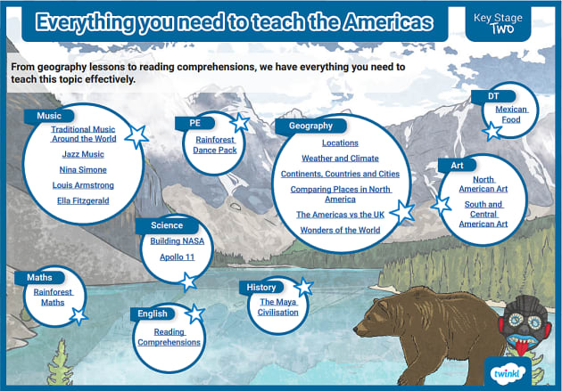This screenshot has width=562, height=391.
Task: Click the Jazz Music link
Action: pos(84,155)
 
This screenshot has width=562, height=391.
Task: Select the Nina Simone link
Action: pos(84,169)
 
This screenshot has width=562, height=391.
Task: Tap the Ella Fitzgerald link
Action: pos(84,200)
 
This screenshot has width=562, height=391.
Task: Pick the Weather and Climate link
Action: pos(340,158)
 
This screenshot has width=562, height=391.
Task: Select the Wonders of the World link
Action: pos(340,231)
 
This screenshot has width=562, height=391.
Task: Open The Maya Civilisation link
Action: pos(278,306)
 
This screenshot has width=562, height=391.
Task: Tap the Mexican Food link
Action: pos(512,114)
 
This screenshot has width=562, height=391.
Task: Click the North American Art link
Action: pos(483,184)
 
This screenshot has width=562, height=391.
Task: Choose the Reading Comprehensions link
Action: pos(169,336)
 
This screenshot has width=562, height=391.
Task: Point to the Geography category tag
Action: pos(310,126)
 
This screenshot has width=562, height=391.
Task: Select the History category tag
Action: pos(261,287)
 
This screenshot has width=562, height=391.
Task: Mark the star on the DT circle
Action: pos(492,131)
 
